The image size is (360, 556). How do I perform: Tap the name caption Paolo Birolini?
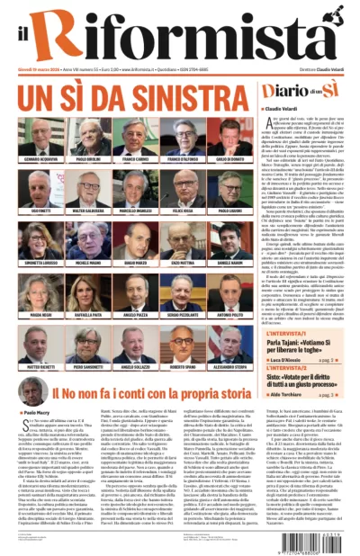pos(87,158)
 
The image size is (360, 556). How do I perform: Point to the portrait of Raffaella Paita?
pos(87,290)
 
